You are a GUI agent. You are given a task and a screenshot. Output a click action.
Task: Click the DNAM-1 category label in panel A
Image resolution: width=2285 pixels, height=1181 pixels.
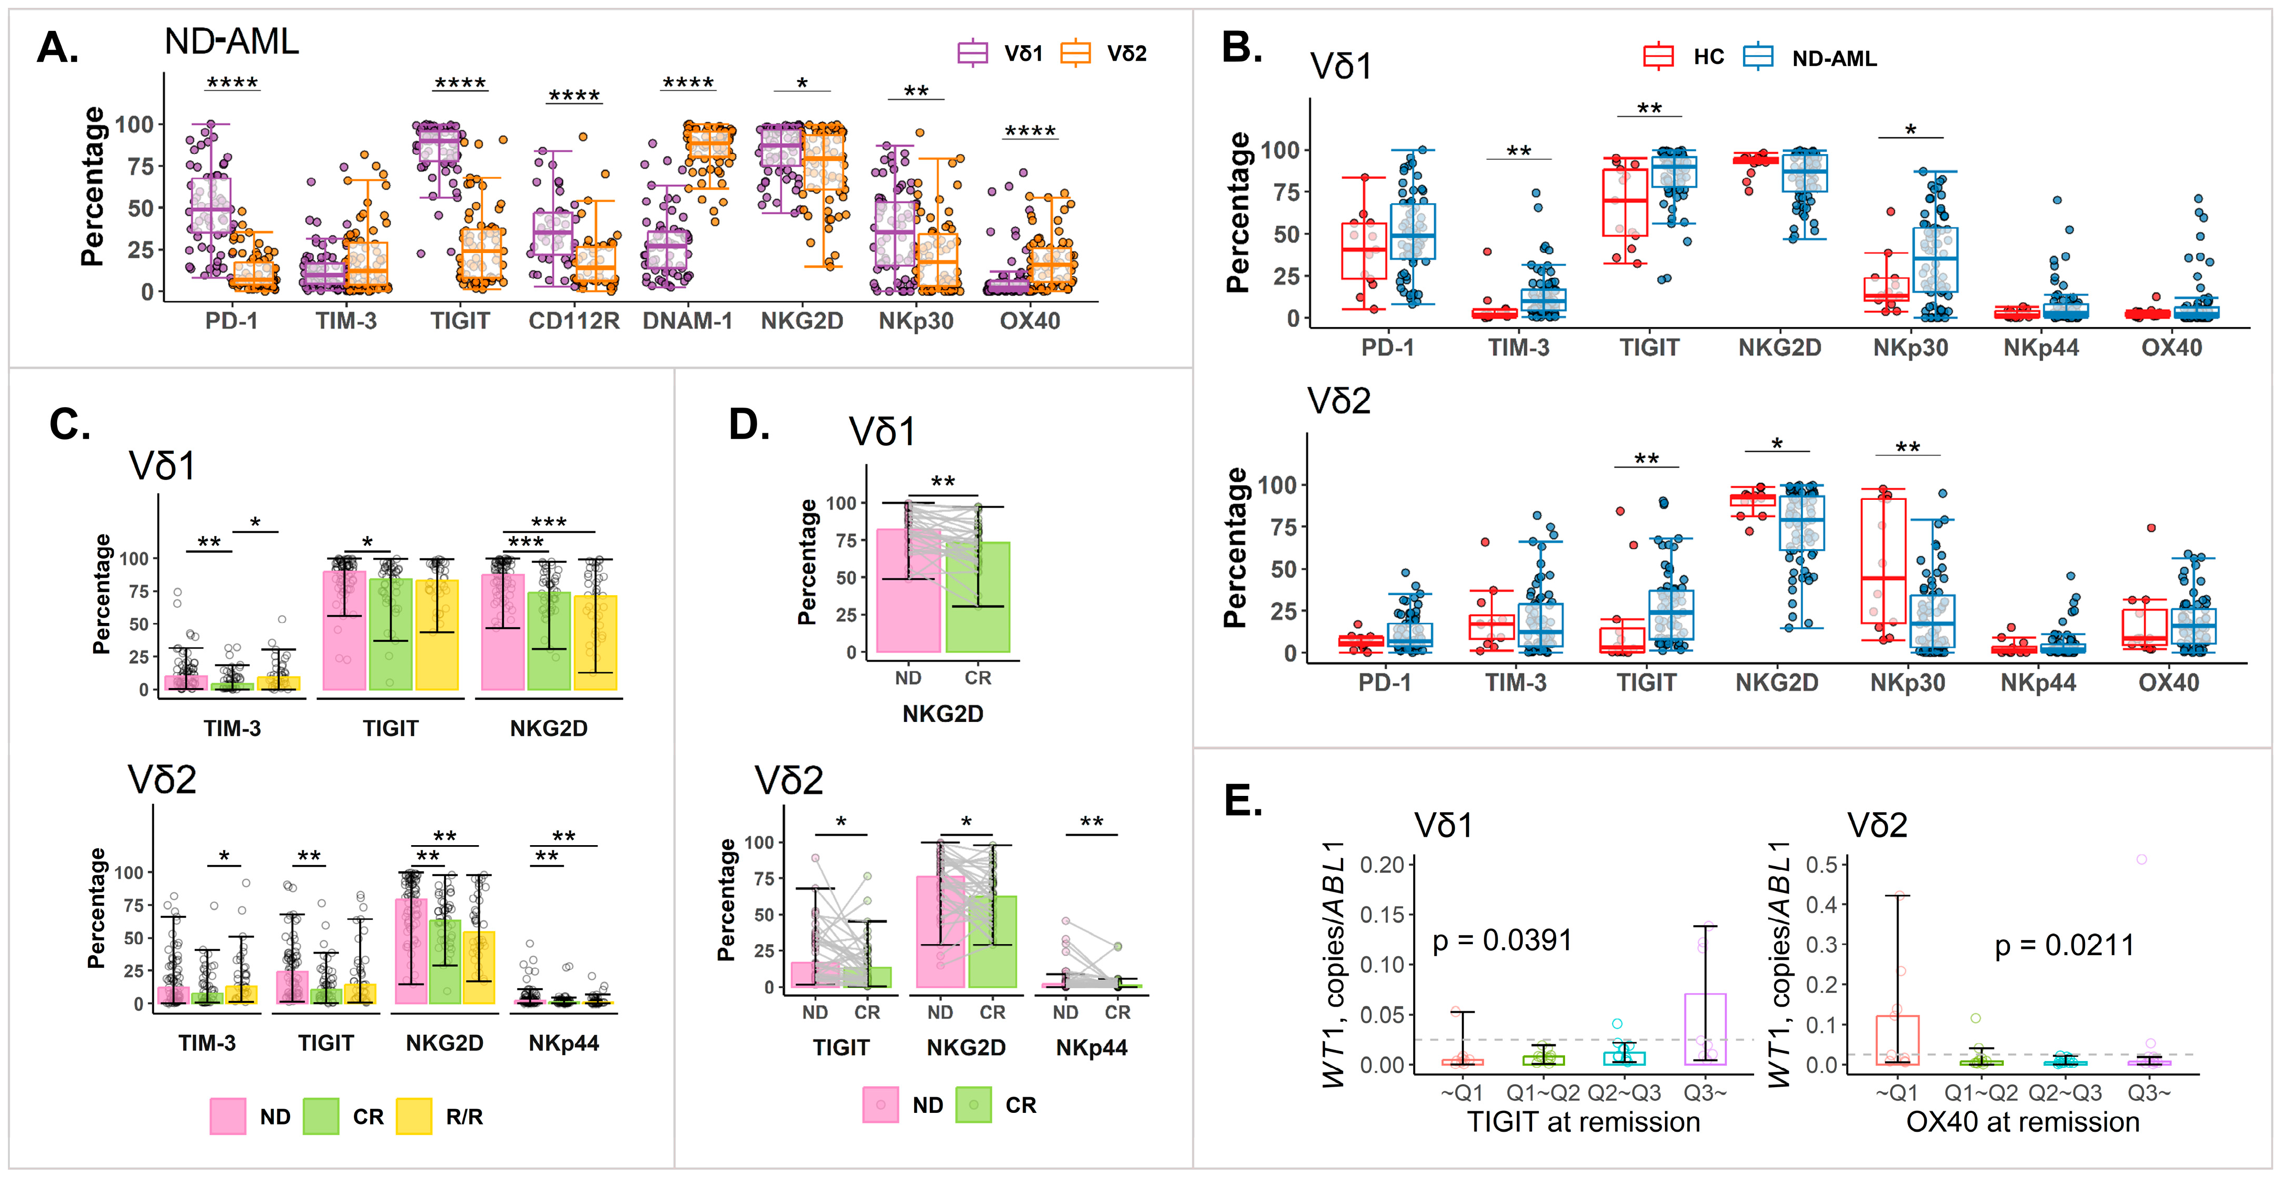pos(687,321)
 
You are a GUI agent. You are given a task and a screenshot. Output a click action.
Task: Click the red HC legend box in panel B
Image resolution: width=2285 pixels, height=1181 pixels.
pos(1658,57)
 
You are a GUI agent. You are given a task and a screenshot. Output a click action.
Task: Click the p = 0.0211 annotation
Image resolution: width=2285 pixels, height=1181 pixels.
pos(2064,946)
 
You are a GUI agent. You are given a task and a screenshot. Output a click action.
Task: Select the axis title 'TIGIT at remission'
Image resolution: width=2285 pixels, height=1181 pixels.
pos(1583,1122)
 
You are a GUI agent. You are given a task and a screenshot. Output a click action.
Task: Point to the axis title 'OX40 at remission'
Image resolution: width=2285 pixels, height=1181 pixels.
pos(2023,1122)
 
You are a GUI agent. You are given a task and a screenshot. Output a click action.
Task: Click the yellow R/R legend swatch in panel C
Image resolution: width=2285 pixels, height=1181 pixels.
pos(413,1116)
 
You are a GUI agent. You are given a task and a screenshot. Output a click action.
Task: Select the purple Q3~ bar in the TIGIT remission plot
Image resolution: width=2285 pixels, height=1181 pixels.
pos(1705,1029)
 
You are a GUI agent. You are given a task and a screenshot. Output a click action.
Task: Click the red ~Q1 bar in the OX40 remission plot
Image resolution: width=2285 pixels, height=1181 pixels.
pos(1898,1040)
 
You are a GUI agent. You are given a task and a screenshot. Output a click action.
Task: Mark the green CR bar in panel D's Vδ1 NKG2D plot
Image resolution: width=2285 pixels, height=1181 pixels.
pos(978,597)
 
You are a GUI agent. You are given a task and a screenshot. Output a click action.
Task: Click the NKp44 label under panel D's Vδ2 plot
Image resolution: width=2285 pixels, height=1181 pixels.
pos(1091,1048)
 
